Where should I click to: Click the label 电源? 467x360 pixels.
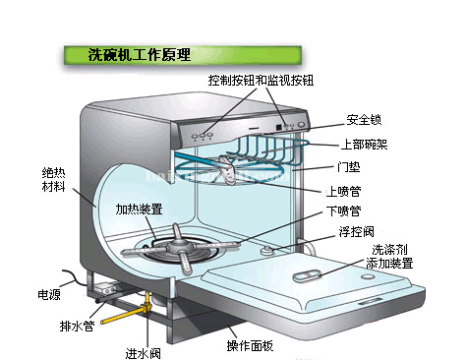tap(49, 293)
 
